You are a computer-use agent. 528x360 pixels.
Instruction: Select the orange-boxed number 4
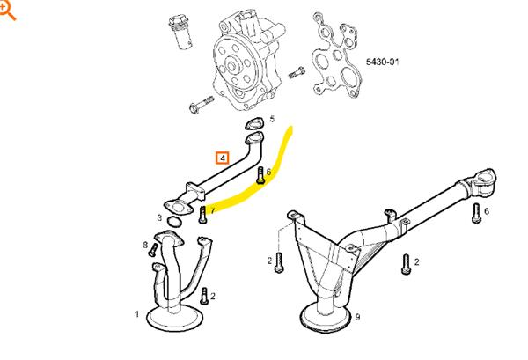[x=224, y=158]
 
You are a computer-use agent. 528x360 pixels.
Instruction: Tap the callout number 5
[x=272, y=119]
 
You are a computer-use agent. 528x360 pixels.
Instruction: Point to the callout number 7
[x=212, y=211]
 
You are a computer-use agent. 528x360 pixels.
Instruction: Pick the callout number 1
[x=136, y=313]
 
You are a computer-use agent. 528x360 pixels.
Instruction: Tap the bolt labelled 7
[x=202, y=217]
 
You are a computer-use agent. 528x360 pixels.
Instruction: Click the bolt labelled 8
[x=153, y=251]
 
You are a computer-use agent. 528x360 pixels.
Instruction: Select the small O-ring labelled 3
[x=175, y=224]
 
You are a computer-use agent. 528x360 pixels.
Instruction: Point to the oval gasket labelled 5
[x=253, y=124]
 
